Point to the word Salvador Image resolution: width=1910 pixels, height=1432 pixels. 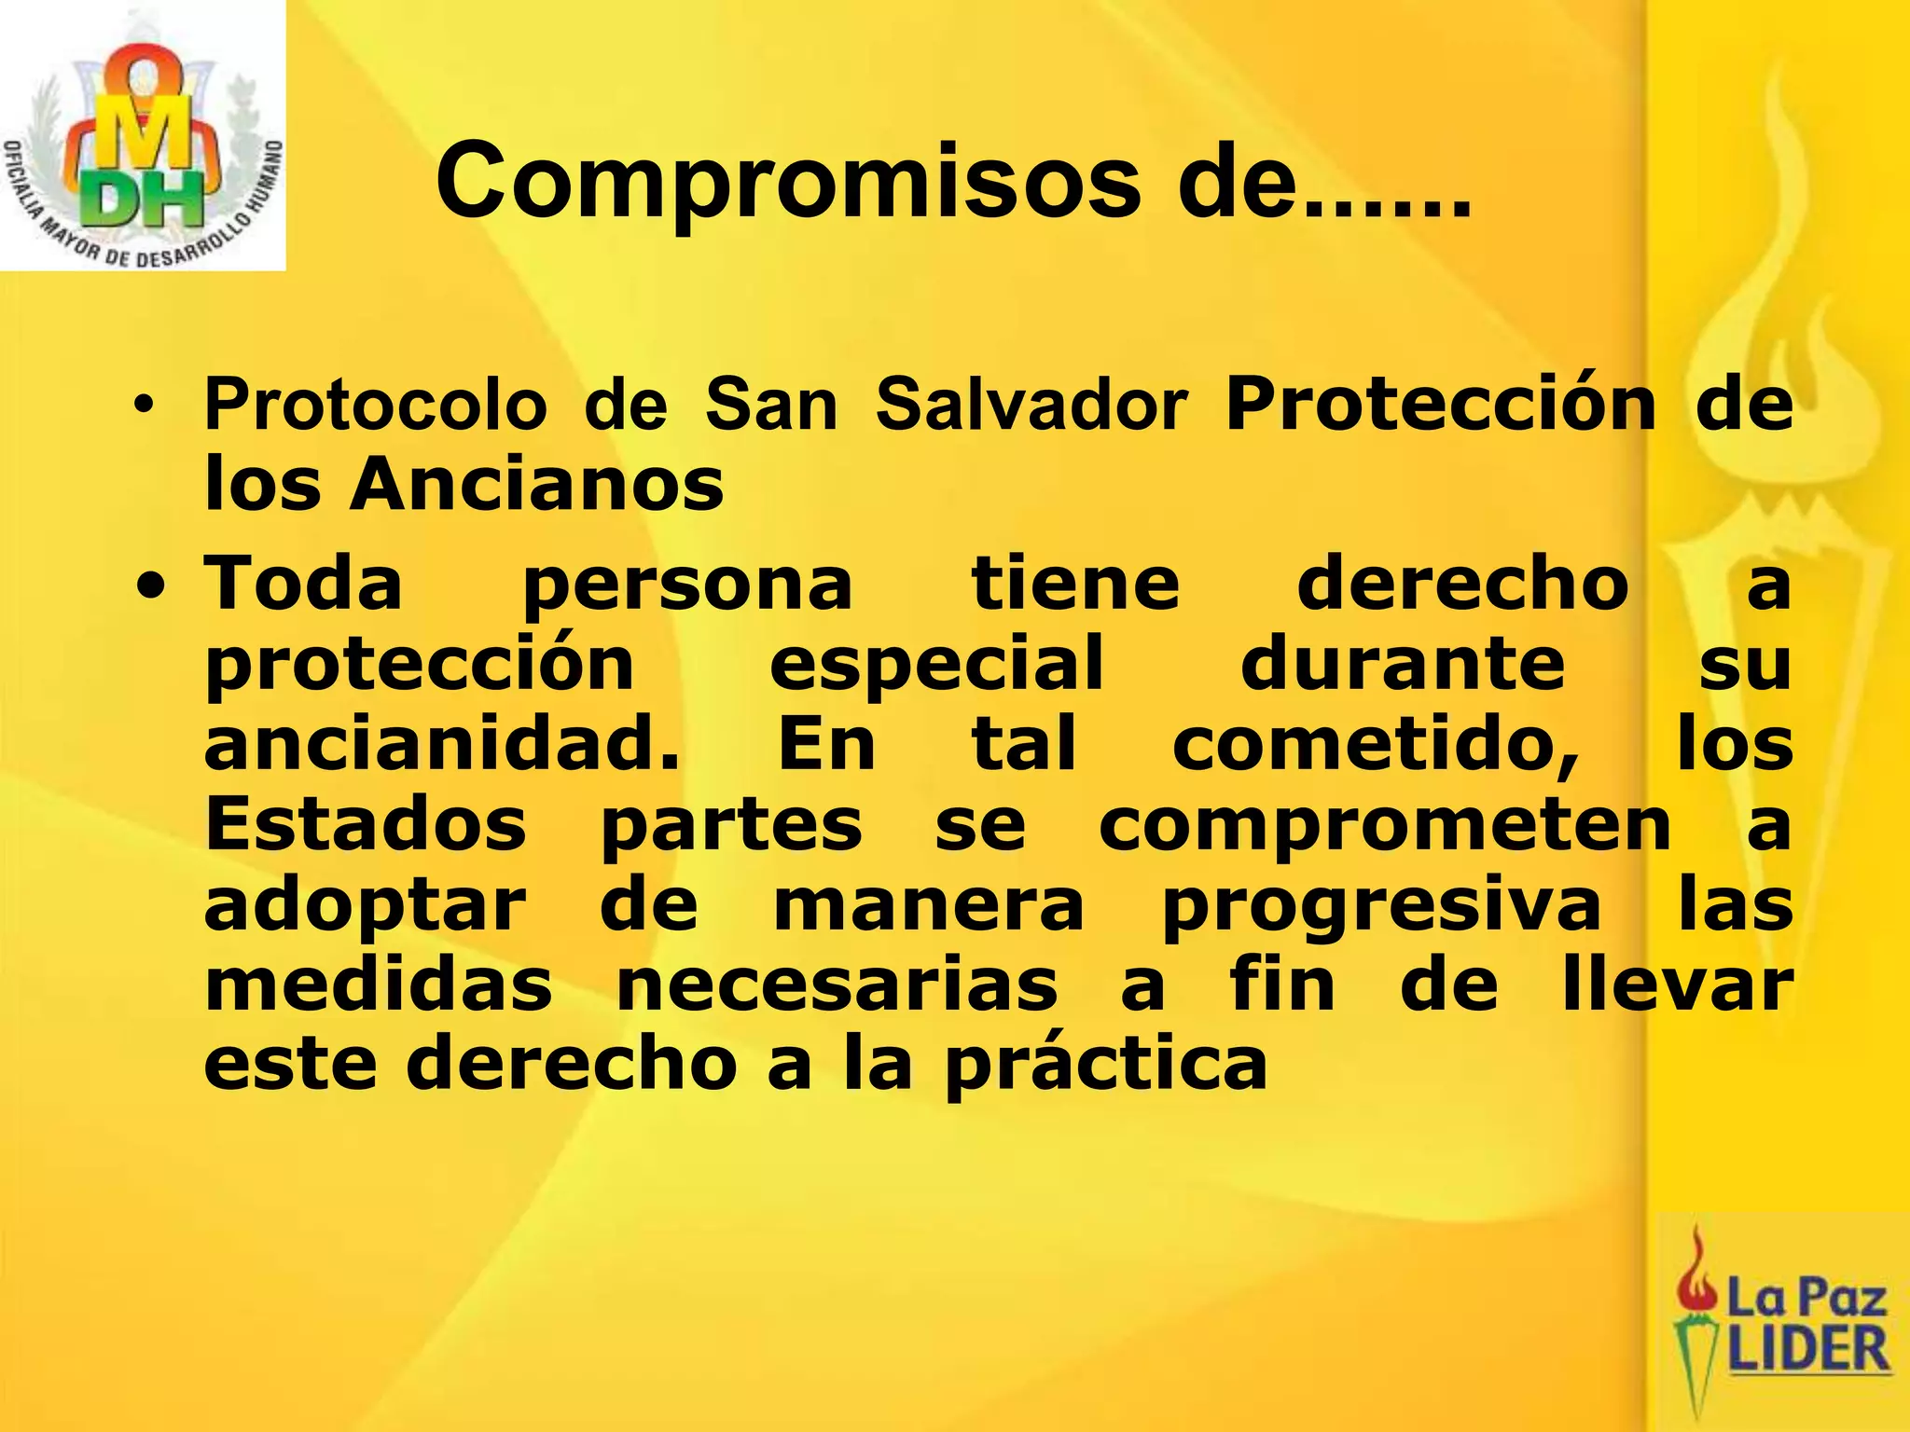pyautogui.click(x=1031, y=406)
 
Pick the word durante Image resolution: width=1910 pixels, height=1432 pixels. pyautogui.click(x=1403, y=664)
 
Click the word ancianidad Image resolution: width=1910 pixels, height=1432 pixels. pyautogui.click(x=442, y=744)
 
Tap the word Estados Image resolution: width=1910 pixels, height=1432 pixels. pyautogui.click(x=366, y=824)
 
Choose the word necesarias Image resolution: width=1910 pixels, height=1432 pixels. pyautogui.click(x=837, y=986)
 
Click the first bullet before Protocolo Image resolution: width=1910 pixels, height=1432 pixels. pyautogui.click(x=143, y=406)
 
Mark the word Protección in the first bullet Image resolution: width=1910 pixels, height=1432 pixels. pyautogui.click(x=1440, y=405)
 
